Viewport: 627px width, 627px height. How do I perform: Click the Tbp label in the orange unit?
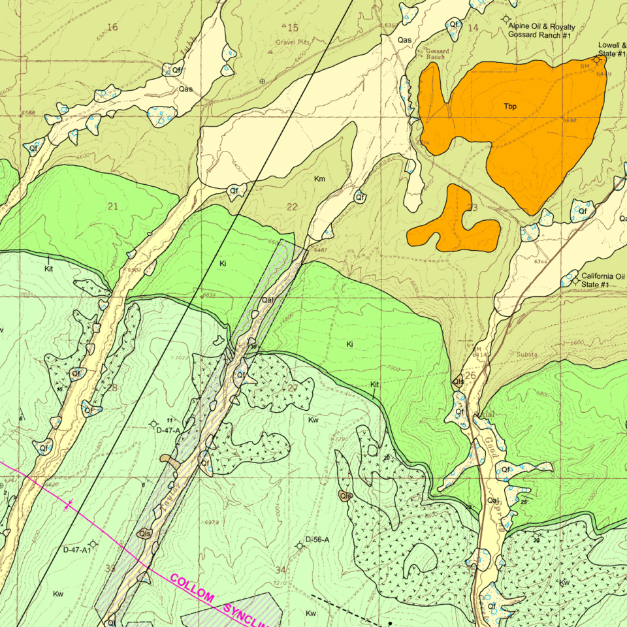click(x=510, y=106)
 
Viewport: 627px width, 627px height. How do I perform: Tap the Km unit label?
click(x=319, y=179)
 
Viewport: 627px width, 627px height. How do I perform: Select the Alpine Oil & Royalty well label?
click(x=541, y=31)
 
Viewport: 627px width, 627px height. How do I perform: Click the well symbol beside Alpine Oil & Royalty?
click(x=506, y=20)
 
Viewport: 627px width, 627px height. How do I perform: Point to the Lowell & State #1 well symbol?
click(x=596, y=59)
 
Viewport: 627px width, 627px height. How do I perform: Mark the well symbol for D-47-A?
click(x=153, y=424)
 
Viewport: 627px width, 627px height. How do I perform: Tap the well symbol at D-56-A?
click(x=300, y=545)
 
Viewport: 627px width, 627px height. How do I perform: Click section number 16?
click(x=112, y=27)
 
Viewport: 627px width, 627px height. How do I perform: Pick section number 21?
click(x=112, y=206)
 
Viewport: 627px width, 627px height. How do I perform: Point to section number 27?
click(x=292, y=389)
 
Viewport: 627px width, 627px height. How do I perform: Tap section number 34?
click(x=281, y=570)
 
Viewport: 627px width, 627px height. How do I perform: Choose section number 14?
click(x=473, y=27)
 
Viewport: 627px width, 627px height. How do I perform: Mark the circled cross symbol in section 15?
click(x=263, y=82)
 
